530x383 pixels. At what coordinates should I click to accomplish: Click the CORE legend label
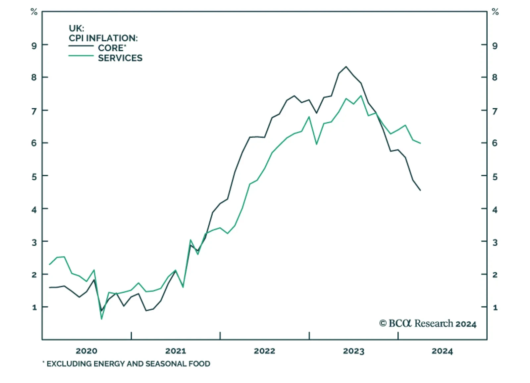pos(111,48)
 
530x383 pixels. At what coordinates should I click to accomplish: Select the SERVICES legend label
pos(120,58)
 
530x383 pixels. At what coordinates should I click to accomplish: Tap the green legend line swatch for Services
pos(81,56)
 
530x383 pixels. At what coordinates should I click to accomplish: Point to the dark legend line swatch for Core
pos(81,46)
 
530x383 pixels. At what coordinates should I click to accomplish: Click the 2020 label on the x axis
pos(86,351)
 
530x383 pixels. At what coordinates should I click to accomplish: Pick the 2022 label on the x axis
pos(264,351)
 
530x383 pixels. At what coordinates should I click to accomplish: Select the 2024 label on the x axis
pos(442,351)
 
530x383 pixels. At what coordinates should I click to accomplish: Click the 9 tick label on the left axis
pos(34,45)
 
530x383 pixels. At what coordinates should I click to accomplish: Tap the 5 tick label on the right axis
pos(495,177)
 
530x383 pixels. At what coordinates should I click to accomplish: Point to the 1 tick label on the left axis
pos(34,307)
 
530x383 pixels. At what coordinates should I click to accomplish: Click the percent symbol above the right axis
pos(495,12)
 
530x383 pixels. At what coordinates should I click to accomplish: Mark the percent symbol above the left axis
pos(34,12)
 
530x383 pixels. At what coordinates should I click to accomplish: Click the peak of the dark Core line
pos(346,67)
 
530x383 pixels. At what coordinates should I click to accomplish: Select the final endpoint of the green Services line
pos(420,143)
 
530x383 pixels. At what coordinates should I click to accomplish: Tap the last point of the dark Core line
pos(420,190)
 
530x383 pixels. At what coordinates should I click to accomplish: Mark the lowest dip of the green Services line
pos(101,319)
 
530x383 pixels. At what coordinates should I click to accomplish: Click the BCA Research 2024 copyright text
pos(428,323)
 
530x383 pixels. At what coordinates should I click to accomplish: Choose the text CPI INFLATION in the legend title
pos(103,38)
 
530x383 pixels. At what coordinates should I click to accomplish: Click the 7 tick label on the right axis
pos(495,111)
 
